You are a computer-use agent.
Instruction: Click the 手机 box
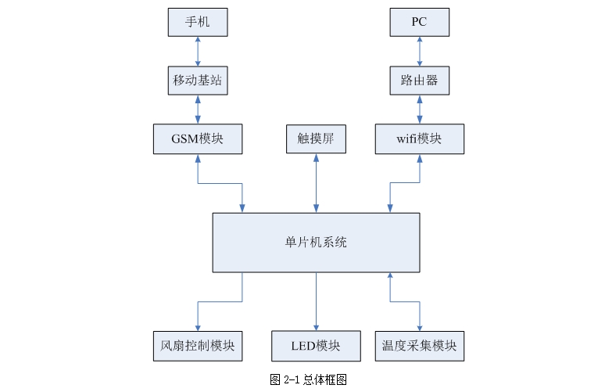click(198, 22)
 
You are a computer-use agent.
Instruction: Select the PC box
click(420, 22)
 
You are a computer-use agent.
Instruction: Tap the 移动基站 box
click(198, 80)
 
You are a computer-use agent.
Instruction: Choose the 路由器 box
click(420, 80)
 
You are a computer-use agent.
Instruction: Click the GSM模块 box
click(198, 138)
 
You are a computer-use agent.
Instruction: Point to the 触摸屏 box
click(316, 138)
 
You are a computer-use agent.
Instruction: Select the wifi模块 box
click(420, 138)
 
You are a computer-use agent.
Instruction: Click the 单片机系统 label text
click(316, 243)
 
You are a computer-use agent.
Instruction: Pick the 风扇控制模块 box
click(197, 346)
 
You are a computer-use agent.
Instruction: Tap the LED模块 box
click(316, 346)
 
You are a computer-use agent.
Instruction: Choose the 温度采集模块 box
click(420, 346)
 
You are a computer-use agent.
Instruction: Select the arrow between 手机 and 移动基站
click(198, 51)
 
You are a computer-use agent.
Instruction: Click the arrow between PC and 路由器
click(420, 51)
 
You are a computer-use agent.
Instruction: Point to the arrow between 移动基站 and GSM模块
click(198, 110)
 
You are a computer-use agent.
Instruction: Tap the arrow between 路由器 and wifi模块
click(420, 110)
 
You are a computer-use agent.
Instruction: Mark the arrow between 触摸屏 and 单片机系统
click(316, 183)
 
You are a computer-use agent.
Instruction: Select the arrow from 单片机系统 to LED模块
click(316, 301)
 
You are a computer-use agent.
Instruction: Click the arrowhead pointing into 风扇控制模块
click(197, 325)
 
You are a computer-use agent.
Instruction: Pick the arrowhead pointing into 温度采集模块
click(420, 325)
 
